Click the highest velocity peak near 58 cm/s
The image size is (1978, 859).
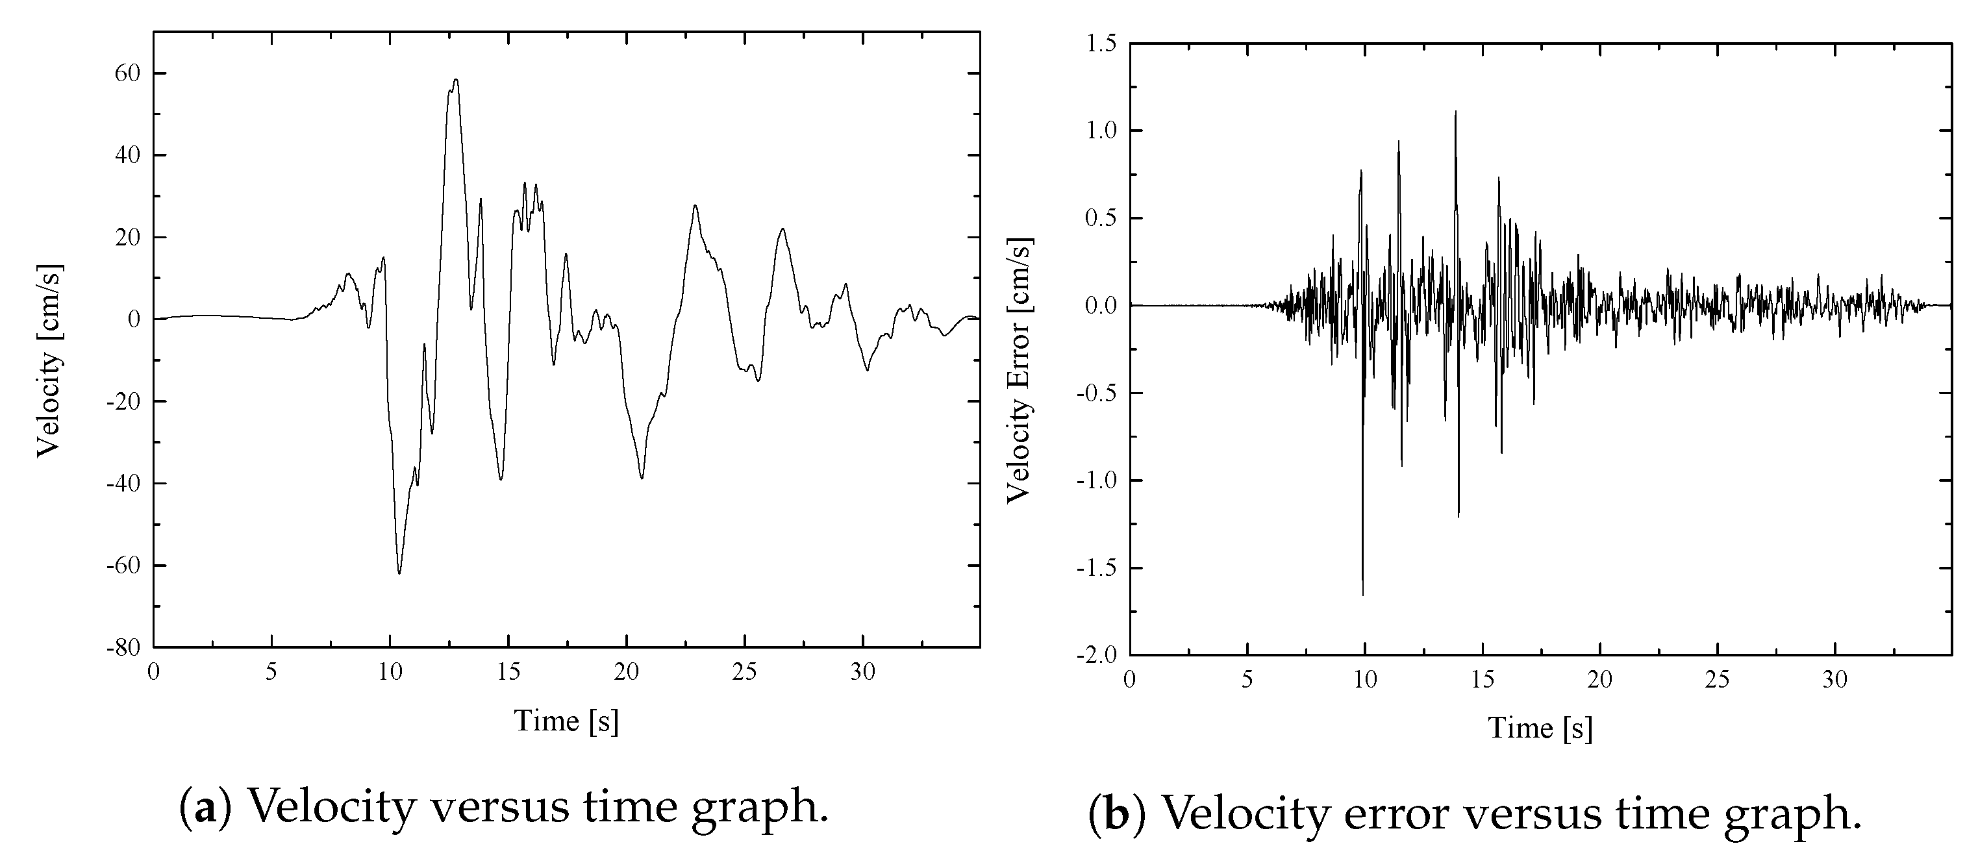(455, 80)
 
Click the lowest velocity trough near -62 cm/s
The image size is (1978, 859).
(399, 573)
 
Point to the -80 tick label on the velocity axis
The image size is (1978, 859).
(123, 647)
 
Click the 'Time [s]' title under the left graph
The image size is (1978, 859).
(566, 721)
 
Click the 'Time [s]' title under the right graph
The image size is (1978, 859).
(1540, 728)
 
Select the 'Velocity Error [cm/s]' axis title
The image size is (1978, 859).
(1019, 370)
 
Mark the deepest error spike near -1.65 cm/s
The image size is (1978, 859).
(1363, 594)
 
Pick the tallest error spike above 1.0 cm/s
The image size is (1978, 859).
(1455, 112)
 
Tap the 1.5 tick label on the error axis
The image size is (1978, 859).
(1102, 44)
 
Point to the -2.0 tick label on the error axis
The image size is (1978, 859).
(1098, 655)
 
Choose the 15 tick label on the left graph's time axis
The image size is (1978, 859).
(508, 673)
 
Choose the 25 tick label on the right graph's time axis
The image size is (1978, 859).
(1718, 680)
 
